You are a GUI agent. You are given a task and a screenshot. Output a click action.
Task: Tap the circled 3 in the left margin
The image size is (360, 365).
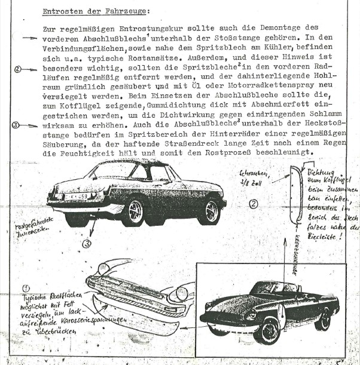(16, 125)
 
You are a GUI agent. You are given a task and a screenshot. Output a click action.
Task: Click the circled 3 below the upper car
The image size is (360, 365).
(87, 243)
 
